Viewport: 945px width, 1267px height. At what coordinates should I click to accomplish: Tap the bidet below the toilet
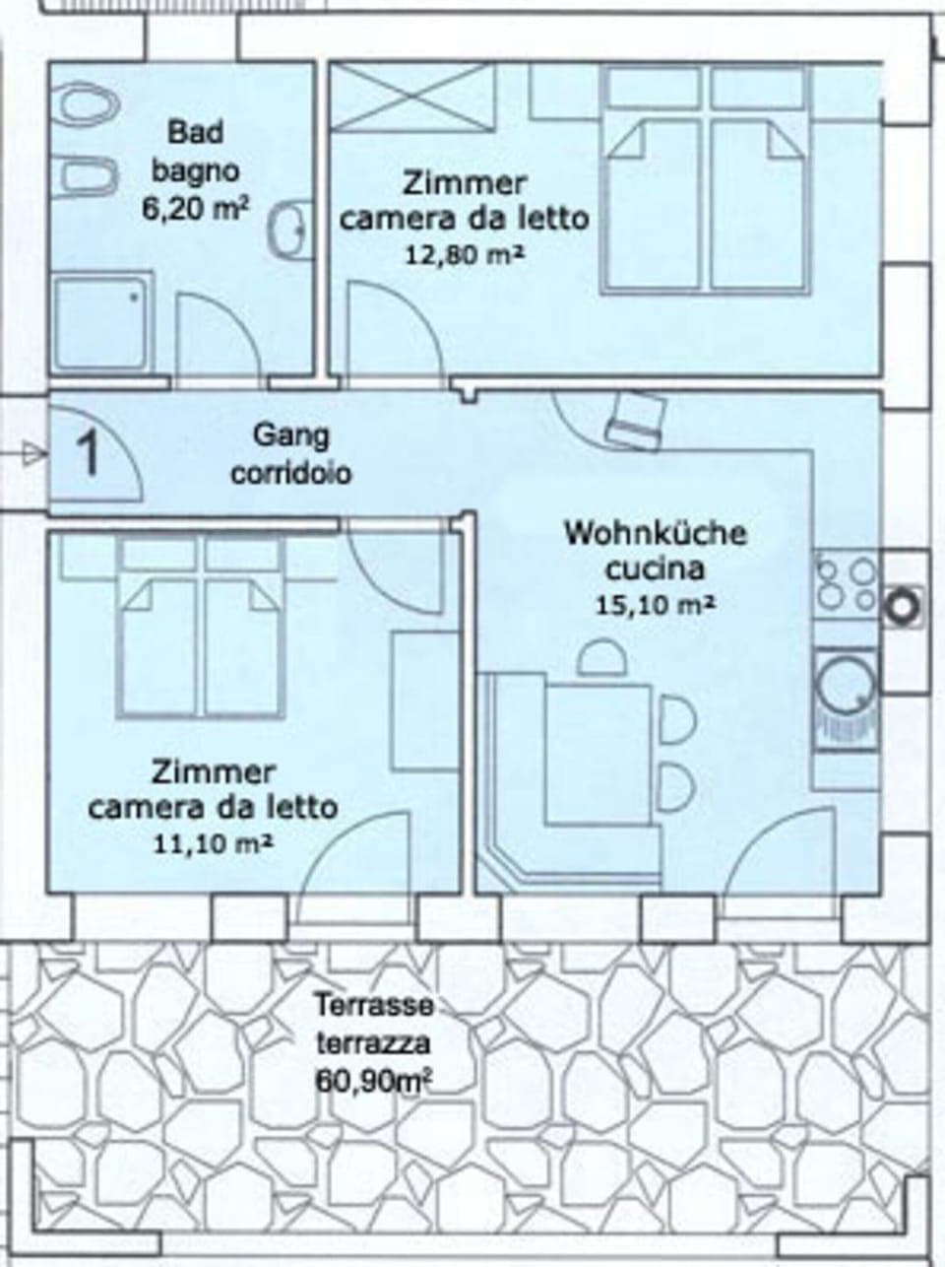click(x=86, y=175)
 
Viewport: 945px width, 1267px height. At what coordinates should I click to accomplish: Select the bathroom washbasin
click(x=288, y=231)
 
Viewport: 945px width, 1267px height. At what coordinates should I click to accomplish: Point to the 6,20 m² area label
click(x=195, y=210)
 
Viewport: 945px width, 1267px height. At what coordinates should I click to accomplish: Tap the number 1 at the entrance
click(x=89, y=453)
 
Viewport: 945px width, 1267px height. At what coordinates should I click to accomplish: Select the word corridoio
click(x=291, y=474)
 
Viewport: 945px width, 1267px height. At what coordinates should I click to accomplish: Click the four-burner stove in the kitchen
click(x=845, y=583)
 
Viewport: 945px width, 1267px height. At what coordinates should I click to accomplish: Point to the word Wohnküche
click(x=655, y=534)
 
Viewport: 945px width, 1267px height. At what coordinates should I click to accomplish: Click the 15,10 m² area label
click(x=655, y=603)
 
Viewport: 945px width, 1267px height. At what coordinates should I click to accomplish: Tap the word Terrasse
click(x=374, y=1006)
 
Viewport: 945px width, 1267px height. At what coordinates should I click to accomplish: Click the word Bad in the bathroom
click(x=195, y=131)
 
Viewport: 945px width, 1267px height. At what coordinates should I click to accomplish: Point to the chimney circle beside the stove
click(x=901, y=604)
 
